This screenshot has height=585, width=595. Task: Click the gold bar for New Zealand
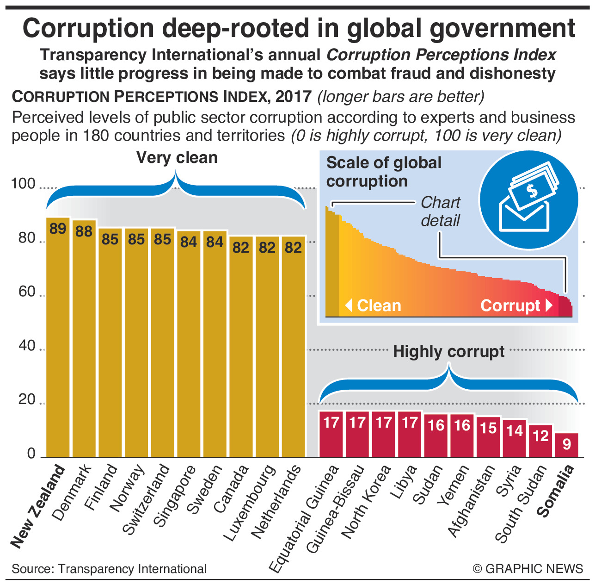58,338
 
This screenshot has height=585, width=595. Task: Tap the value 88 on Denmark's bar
84,231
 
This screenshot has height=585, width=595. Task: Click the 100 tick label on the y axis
23,184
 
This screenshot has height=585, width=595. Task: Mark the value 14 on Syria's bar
515,431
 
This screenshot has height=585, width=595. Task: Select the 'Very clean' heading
177,158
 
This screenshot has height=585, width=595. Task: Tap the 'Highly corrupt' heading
448,352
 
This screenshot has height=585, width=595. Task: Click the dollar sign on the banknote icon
532,190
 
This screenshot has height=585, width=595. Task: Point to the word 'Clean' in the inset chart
379,305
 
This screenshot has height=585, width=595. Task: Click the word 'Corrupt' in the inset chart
510,305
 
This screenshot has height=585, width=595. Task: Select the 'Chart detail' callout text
440,212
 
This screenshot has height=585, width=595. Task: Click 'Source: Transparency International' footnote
109,569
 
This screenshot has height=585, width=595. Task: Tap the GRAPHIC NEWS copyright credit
528,569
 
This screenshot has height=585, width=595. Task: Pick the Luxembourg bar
267,347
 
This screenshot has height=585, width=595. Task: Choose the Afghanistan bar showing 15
489,437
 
